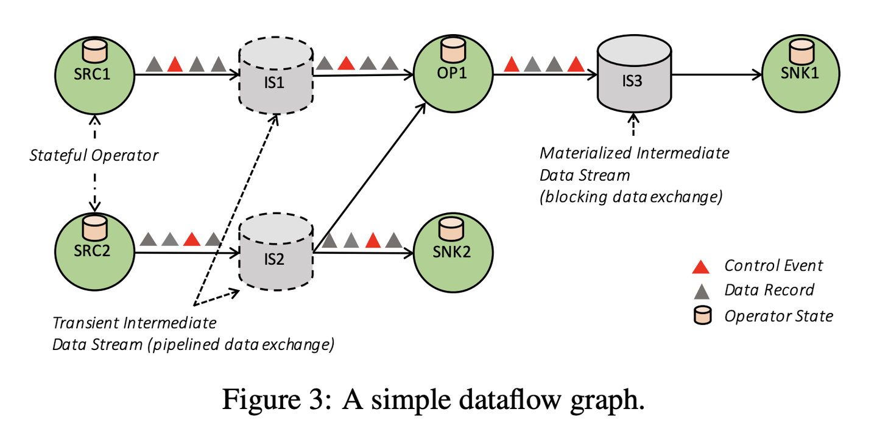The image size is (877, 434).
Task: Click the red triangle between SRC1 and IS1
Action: pos(175,63)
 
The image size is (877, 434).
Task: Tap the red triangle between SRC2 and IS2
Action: pos(192,239)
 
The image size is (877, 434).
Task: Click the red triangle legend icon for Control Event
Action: pos(701,266)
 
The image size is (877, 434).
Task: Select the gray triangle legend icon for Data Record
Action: pos(701,290)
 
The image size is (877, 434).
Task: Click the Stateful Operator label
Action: pos(94,155)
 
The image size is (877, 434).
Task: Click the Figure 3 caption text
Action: pos(432,400)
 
